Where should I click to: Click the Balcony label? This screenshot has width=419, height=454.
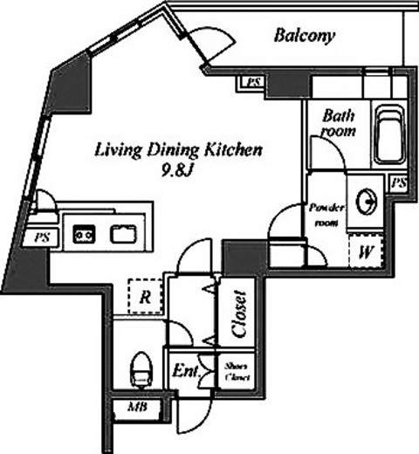[305, 36]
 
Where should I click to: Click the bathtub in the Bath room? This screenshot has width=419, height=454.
[390, 134]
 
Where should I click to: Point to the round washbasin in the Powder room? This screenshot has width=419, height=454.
[366, 202]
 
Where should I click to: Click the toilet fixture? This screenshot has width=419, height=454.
[141, 369]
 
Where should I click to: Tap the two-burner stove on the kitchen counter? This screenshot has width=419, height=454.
[84, 234]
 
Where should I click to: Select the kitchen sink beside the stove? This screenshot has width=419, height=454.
[123, 234]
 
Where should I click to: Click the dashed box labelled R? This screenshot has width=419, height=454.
[146, 296]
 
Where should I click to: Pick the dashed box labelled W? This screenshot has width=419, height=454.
[366, 251]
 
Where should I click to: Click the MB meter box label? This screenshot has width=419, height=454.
[137, 407]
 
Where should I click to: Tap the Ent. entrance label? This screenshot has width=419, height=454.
[186, 371]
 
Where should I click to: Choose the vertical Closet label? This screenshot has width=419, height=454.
[240, 313]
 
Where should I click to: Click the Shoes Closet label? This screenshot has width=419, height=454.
[237, 372]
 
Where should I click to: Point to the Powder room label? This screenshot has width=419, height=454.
[326, 216]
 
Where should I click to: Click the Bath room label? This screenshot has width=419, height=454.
[339, 123]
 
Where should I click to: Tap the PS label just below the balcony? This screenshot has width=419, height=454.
[253, 83]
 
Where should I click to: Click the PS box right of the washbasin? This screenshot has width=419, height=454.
[399, 183]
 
